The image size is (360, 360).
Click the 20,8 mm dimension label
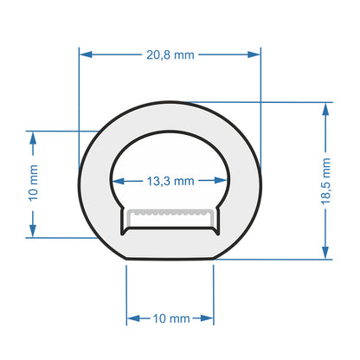pos(170,54)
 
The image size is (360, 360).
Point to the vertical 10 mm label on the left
pos(33,183)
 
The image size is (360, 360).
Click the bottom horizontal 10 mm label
pos(170,318)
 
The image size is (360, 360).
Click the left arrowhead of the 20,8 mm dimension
pos(85,54)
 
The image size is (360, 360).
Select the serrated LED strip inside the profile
pos(170,212)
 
